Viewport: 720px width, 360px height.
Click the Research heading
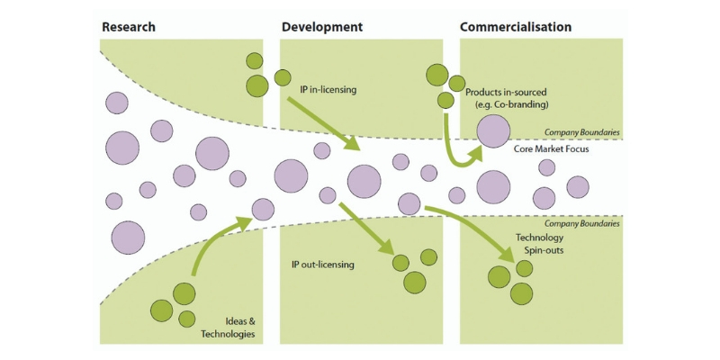pyautogui.click(x=129, y=27)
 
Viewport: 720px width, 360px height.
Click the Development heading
pyautogui.click(x=321, y=27)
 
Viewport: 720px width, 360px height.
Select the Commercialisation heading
pyautogui.click(x=516, y=27)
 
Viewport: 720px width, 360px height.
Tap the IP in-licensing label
pyautogui.click(x=331, y=91)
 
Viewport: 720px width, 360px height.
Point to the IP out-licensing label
pyautogui.click(x=323, y=265)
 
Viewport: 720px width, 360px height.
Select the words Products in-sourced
pyautogui.click(x=506, y=92)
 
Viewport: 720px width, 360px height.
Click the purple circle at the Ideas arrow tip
pyautogui.click(x=263, y=210)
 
